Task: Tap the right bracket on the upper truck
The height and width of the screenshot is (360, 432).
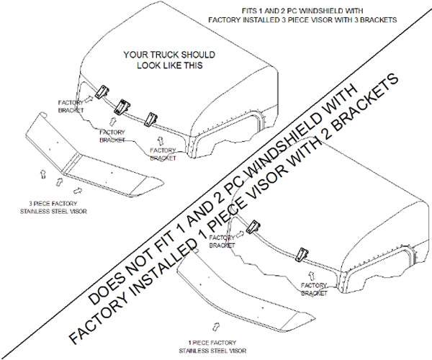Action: click(150, 117)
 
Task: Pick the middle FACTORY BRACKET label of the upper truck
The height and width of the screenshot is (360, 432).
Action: click(112, 136)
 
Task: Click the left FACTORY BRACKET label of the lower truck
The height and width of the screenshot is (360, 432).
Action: click(221, 243)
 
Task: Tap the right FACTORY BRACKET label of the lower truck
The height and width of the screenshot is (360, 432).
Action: click(314, 290)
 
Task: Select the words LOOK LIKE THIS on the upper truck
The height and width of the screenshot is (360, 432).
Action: click(163, 65)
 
